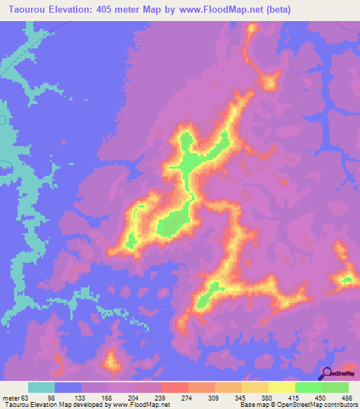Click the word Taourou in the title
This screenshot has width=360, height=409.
click(26, 9)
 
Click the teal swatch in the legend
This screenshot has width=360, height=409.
click(41, 387)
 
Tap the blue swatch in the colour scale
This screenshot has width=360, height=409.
click(68, 387)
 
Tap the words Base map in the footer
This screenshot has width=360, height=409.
click(251, 405)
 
